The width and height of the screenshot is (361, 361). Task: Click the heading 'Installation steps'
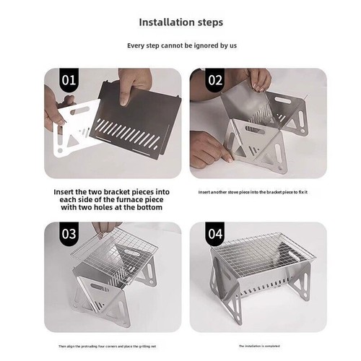pyautogui.click(x=180, y=22)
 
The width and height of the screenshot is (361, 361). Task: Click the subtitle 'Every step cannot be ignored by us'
pyautogui.click(x=180, y=45)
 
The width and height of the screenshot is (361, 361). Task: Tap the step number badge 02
pyautogui.click(x=215, y=79)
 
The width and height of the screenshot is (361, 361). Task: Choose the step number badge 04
pyautogui.click(x=215, y=233)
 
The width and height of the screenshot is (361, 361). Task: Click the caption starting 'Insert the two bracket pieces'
pyautogui.click(x=113, y=200)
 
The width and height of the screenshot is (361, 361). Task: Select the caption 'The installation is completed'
pyautogui.click(x=258, y=346)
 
